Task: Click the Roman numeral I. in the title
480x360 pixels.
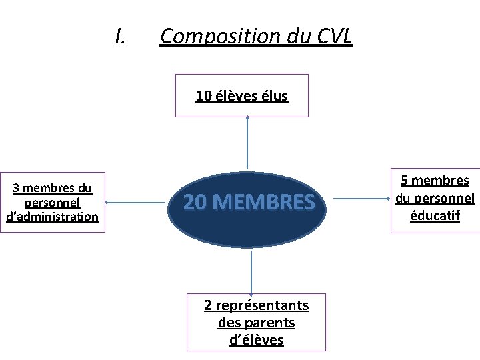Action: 120,37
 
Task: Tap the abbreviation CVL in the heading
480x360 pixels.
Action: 331,37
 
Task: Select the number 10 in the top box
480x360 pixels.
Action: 203,96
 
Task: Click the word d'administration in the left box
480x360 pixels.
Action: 52,216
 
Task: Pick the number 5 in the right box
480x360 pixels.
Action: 404,180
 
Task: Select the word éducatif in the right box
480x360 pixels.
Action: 435,215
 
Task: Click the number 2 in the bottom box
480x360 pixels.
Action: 208,305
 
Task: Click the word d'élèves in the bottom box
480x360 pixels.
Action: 256,340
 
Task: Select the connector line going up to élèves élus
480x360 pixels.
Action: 247,143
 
